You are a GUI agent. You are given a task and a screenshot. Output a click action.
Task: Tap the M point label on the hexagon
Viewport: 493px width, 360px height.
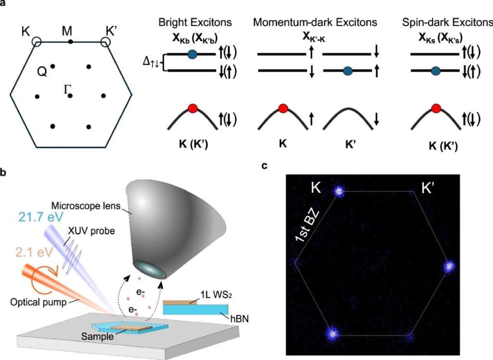point(68,32)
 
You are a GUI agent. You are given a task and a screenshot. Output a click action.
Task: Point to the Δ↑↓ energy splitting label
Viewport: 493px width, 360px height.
point(151,63)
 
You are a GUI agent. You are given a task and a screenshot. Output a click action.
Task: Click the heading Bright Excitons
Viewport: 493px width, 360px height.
point(195,23)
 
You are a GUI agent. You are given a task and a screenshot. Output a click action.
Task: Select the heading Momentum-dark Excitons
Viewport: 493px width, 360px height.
point(315,23)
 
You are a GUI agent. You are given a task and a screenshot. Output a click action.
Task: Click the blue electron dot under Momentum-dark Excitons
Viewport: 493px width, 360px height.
point(348,71)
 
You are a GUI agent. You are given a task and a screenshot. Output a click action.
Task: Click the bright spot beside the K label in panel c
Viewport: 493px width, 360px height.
point(339,191)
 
